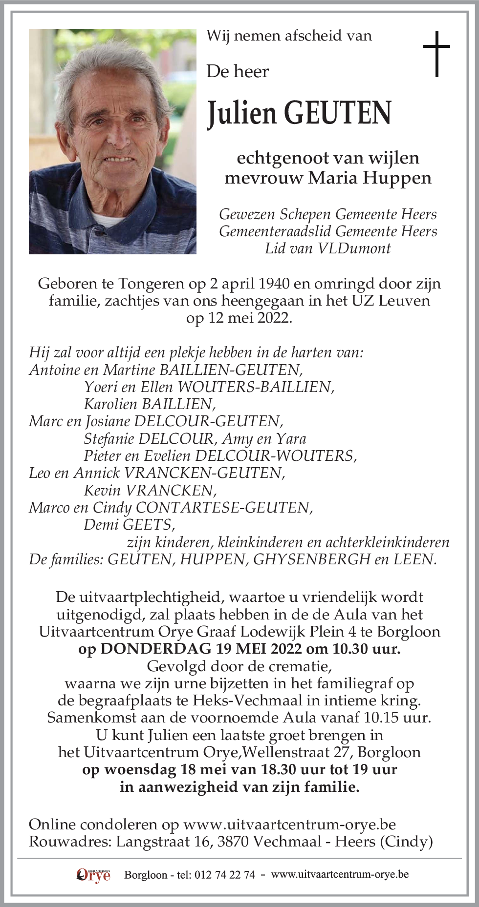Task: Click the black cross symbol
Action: coord(436,53)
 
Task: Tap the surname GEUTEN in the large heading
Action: coord(338,113)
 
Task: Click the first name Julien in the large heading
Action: coord(242,113)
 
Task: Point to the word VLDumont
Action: coord(354,248)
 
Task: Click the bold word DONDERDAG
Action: coord(156,649)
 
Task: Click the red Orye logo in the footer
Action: coord(93,875)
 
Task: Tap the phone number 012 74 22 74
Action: coord(224,875)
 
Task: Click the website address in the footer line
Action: coord(340,874)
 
